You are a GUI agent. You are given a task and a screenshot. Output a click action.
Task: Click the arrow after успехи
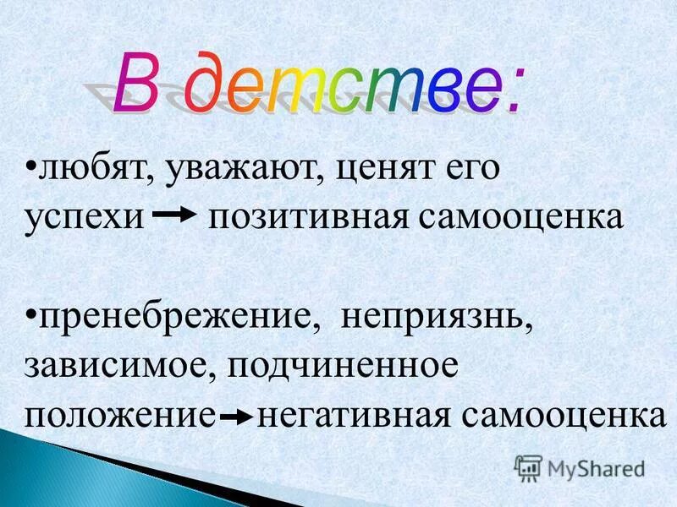tap(176, 215)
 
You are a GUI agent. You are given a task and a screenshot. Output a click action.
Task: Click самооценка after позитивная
tap(519, 216)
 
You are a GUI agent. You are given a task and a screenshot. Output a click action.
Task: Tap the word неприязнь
tap(437, 320)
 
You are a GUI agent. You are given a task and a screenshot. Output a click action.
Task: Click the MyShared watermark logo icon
tap(528, 467)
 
